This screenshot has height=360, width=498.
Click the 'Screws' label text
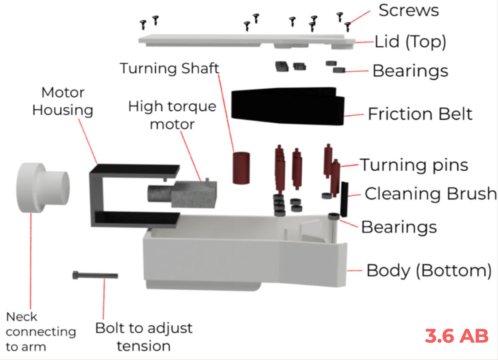click(x=408, y=10)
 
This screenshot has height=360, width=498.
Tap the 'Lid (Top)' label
click(x=410, y=42)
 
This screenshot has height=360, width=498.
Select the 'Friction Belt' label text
click(x=420, y=114)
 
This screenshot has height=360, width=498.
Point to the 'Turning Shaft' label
click(x=170, y=68)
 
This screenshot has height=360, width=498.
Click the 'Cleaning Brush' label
click(x=431, y=194)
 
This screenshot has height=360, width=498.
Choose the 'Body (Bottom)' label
click(x=429, y=271)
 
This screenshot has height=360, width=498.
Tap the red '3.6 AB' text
click(x=457, y=336)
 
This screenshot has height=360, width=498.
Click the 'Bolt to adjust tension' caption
click(x=143, y=337)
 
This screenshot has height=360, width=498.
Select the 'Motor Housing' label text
click(x=63, y=101)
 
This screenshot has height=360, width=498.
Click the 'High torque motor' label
click(x=172, y=115)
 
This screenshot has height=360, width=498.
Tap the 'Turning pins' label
click(x=414, y=165)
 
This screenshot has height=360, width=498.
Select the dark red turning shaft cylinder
click(x=242, y=168)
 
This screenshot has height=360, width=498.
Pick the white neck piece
click(x=40, y=188)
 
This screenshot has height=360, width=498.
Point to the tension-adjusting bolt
click(x=95, y=276)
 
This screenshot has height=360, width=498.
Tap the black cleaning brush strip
click(x=345, y=199)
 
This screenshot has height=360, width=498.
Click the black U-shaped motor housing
click(x=96, y=194)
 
